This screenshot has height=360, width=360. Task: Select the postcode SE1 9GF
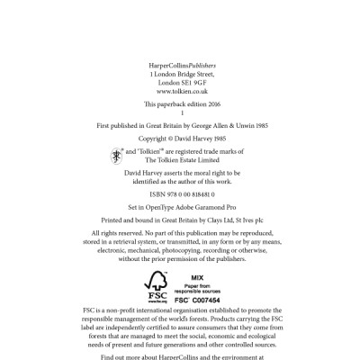click(x=190, y=83)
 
